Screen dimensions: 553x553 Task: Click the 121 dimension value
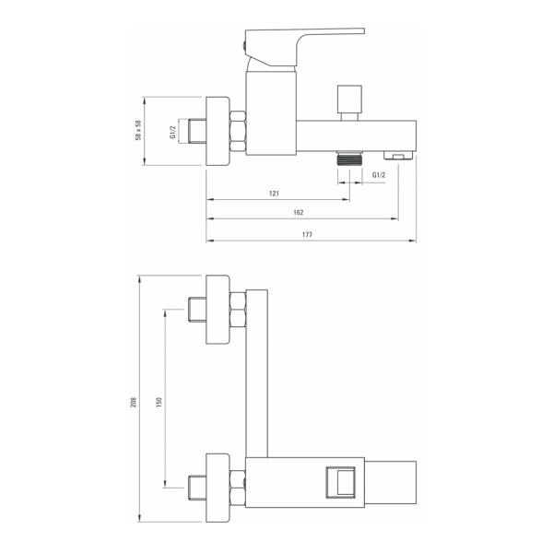point(274,194)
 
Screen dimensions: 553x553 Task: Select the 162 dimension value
point(299,212)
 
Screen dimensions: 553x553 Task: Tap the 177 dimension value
point(307,234)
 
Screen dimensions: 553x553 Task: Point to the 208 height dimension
point(134,402)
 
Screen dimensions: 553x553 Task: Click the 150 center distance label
point(159,402)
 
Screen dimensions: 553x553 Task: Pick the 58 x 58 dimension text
point(138,131)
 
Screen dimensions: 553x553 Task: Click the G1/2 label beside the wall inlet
point(173,132)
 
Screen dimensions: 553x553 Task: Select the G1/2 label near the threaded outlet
point(379,175)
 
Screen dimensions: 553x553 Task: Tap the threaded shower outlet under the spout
point(349,159)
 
